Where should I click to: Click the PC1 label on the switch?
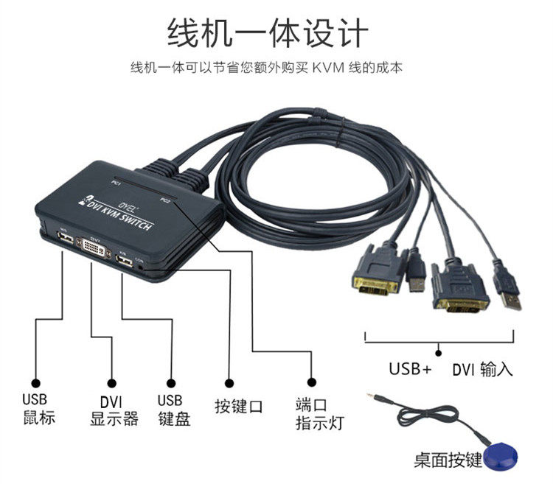pyautogui.click(x=116, y=181)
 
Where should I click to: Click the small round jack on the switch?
pyautogui.click(x=140, y=269)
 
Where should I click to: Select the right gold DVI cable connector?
pyautogui.click(x=459, y=290)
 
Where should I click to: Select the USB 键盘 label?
pyautogui.click(x=174, y=410)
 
